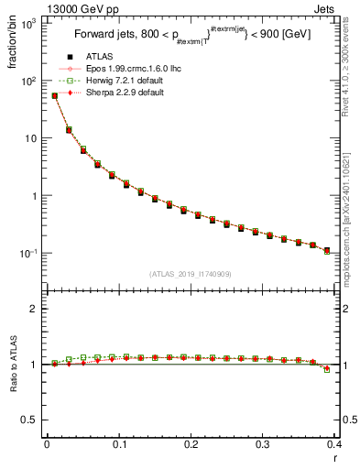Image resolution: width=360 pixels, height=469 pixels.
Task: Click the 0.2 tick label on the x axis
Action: (x=191, y=444)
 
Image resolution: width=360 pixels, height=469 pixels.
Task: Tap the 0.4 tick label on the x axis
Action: (x=335, y=444)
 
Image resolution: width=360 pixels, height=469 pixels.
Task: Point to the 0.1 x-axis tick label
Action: (x=119, y=444)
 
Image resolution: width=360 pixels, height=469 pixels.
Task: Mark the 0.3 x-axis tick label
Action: (x=263, y=444)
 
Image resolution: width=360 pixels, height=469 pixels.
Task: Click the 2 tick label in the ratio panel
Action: (x=35, y=309)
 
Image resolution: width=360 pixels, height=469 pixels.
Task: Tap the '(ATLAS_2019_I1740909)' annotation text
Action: (x=191, y=273)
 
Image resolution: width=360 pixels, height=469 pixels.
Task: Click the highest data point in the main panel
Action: (x=54, y=95)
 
